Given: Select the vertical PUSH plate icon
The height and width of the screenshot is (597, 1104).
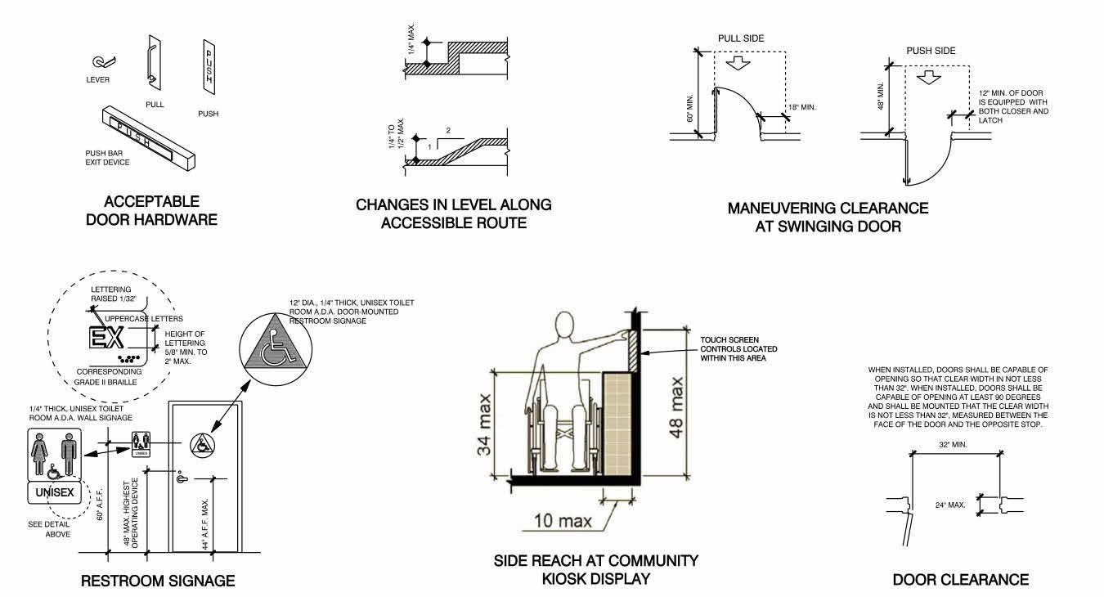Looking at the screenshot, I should coord(208,65).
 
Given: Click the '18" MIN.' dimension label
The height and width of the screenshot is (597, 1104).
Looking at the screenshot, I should coord(802,107).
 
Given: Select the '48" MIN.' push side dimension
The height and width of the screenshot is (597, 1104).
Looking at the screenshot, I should coord(881,97).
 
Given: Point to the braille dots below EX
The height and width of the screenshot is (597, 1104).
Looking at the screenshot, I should coord(129,357).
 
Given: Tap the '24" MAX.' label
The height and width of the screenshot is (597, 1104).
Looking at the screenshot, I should coord(952,505).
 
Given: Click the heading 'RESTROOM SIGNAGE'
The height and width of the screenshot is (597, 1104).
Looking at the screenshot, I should coord(159,581).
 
